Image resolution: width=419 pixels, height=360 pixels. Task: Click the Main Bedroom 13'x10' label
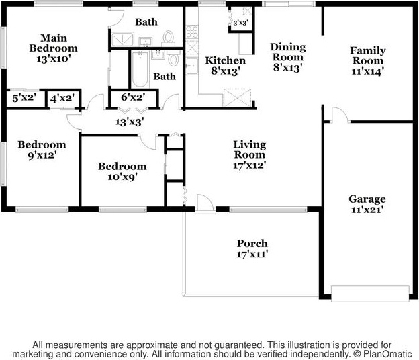53,48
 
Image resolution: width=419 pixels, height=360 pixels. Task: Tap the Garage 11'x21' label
367,204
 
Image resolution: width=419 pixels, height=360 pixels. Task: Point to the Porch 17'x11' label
252,249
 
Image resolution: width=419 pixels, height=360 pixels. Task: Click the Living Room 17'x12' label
249,155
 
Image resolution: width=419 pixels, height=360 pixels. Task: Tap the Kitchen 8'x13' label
225,66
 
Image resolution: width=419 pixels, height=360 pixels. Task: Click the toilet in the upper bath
168,37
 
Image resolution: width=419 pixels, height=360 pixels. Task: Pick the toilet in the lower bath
174,60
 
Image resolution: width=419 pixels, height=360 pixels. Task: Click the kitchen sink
191,65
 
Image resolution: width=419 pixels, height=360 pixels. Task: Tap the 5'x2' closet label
24,99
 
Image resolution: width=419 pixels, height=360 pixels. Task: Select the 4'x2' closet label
62,99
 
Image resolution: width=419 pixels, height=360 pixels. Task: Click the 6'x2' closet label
133,99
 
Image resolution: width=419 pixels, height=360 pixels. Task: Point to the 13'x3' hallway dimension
130,122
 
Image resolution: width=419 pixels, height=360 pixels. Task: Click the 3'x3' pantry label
240,24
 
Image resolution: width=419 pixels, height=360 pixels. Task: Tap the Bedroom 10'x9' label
122,172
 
